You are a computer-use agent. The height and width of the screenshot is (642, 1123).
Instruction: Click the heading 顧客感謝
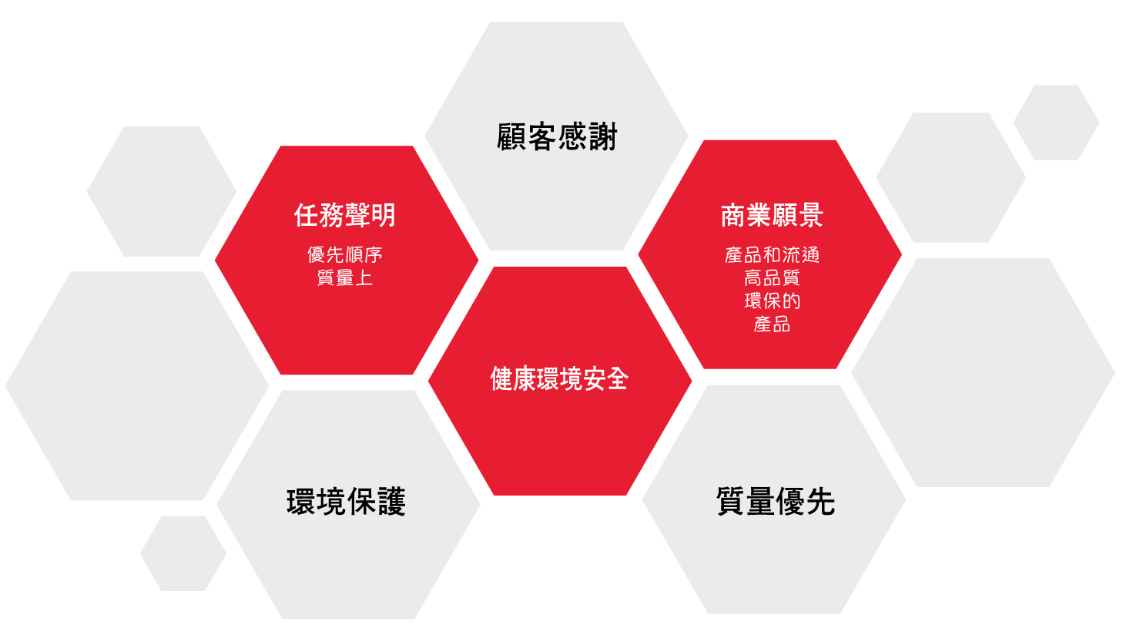click(556, 136)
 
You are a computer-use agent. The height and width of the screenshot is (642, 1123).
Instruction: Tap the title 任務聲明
click(345, 215)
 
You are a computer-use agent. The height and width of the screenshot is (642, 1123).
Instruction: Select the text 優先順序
click(345, 255)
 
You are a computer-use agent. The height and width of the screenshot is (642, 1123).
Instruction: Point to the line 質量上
click(345, 277)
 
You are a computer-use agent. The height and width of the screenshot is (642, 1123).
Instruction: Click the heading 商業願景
click(772, 215)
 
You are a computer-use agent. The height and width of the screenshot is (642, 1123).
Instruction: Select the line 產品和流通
click(772, 255)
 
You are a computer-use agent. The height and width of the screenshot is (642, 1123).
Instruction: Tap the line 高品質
click(772, 277)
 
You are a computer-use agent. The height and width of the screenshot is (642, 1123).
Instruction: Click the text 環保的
click(772, 301)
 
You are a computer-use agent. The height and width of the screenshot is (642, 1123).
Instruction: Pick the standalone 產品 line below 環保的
click(772, 324)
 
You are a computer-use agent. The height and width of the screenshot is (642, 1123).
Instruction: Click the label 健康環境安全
click(559, 378)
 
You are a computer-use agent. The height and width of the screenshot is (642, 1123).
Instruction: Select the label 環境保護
click(346, 502)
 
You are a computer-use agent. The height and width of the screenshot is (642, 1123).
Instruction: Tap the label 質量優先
click(776, 502)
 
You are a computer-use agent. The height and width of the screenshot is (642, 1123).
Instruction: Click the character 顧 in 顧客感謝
click(512, 136)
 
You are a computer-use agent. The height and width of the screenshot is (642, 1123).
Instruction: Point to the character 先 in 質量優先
click(821, 502)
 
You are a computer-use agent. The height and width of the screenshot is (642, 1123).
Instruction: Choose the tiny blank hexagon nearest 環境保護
click(183, 553)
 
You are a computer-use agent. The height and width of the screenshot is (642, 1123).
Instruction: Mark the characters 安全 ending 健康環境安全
click(605, 378)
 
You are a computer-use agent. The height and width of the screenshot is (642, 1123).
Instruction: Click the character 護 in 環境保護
click(391, 502)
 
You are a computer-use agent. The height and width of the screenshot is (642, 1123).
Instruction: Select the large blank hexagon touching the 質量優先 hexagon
click(983, 373)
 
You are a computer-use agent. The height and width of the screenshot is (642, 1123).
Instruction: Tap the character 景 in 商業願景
click(810, 215)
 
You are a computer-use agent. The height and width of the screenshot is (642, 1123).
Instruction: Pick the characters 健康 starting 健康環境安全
click(513, 378)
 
